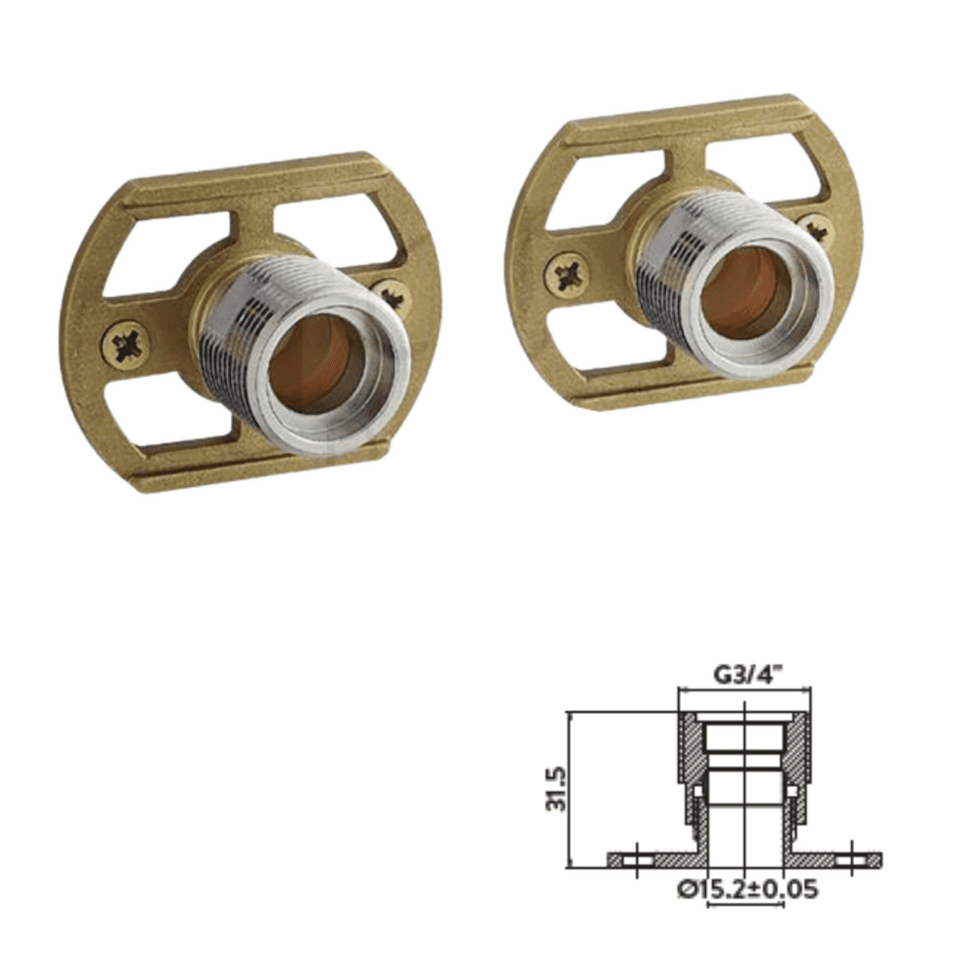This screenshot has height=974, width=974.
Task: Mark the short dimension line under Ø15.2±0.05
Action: pos(745,906)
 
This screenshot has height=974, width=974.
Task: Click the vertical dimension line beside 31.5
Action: pos(569,789)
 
